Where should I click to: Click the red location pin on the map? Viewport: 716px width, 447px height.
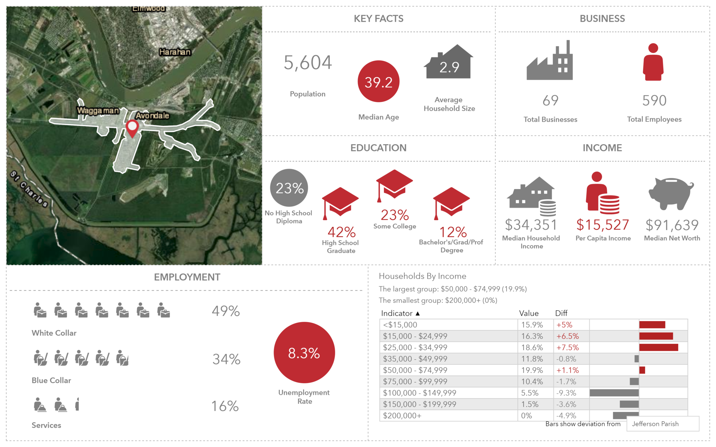(132, 127)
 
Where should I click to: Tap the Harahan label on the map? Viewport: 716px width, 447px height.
(175, 52)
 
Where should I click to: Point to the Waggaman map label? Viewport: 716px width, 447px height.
(98, 111)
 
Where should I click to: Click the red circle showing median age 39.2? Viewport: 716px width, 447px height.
(378, 82)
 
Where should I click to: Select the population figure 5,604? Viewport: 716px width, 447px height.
(308, 63)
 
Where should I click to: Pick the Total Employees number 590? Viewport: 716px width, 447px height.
(654, 101)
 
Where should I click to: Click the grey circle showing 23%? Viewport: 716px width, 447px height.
(289, 188)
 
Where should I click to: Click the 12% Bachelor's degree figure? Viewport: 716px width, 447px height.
(453, 232)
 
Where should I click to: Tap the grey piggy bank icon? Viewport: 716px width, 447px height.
(671, 193)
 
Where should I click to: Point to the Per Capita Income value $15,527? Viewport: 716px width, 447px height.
(603, 225)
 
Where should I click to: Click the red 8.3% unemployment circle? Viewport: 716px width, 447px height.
(304, 353)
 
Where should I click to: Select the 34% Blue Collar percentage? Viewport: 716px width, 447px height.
(226, 359)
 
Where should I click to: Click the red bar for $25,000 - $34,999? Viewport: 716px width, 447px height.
(658, 347)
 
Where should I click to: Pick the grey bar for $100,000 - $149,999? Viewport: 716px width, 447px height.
(614, 393)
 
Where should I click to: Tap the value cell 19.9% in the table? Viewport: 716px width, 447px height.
(532, 370)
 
